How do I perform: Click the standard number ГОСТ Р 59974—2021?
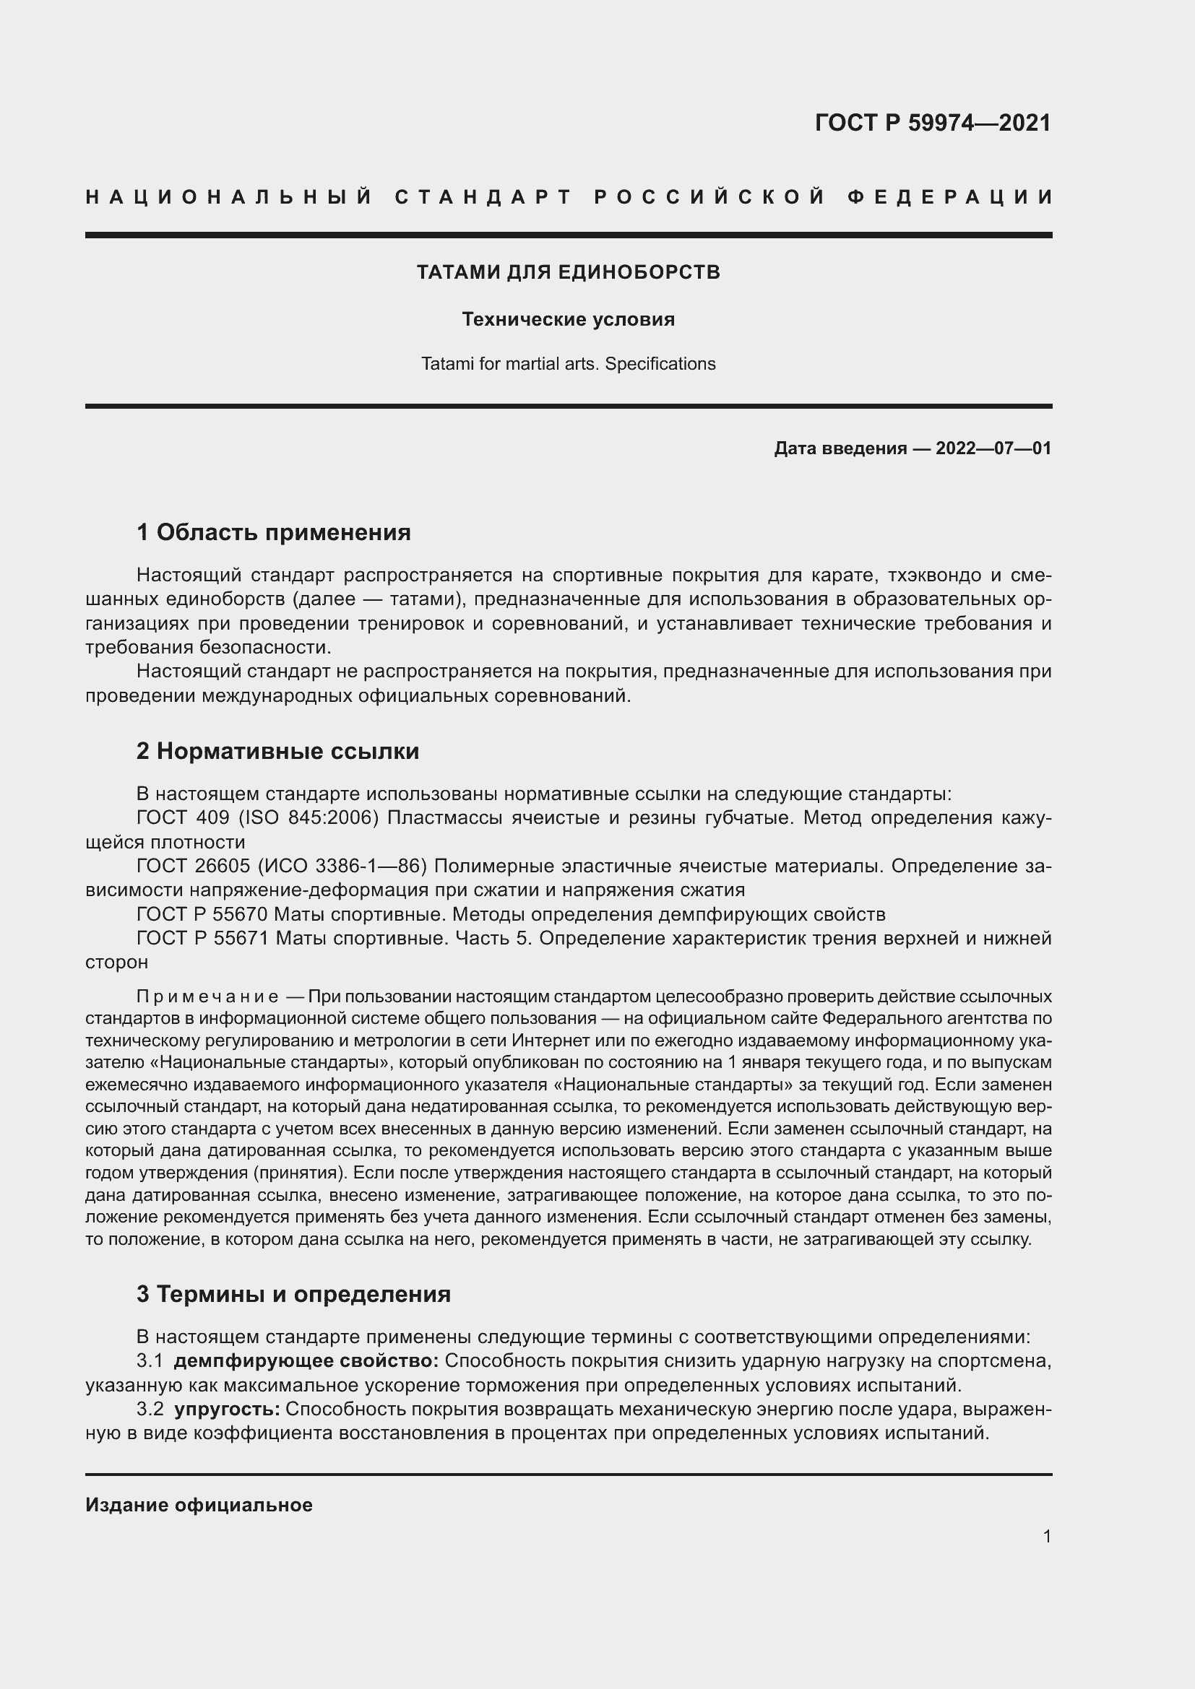932,123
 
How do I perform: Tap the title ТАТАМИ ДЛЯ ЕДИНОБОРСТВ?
568,272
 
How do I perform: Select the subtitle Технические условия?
568,319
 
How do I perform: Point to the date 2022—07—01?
993,448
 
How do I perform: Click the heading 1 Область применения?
274,532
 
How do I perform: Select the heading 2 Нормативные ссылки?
278,751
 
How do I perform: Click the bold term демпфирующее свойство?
306,1361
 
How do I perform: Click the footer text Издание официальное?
199,1505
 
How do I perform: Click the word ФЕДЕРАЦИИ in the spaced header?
950,197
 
